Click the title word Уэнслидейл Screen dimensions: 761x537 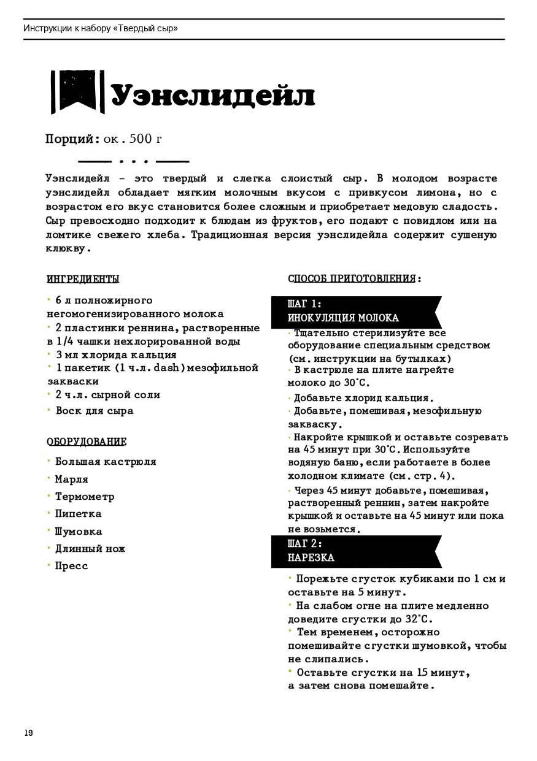pyautogui.click(x=212, y=96)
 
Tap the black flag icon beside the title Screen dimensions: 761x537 pyautogui.click(x=76, y=92)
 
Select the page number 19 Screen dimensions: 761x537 pyautogui.click(x=28, y=733)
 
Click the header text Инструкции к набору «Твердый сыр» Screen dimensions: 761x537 pyautogui.click(x=101, y=28)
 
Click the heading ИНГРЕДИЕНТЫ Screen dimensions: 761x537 pyautogui.click(x=83, y=280)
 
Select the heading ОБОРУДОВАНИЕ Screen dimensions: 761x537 pyautogui.click(x=87, y=442)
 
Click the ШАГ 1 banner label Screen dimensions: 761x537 pyautogui.click(x=304, y=304)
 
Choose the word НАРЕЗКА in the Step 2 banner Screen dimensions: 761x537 pyautogui.click(x=311, y=558)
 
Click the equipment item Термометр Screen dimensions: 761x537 pyautogui.click(x=85, y=496)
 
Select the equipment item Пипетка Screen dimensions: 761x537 pyautogui.click(x=78, y=513)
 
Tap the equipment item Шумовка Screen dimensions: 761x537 pyautogui.click(x=79, y=531)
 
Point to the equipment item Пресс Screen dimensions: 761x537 pyautogui.click(x=71, y=565)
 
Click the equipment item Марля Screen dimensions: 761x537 pyautogui.click(x=71, y=479)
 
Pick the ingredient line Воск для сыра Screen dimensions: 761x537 pyautogui.click(x=94, y=410)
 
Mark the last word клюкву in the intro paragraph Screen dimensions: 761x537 pyautogui.click(x=68, y=249)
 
